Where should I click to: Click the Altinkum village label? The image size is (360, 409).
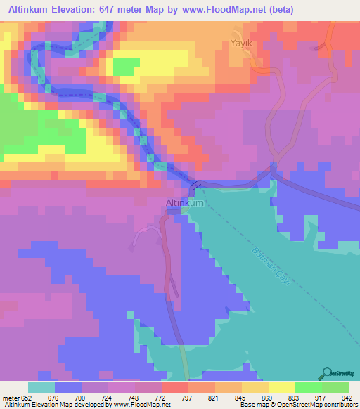tap(184, 203)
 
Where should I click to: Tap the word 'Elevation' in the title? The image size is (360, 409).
tap(77, 10)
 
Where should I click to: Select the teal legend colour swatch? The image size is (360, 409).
tap(41, 387)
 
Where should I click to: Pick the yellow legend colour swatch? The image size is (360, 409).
tap(281, 387)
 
